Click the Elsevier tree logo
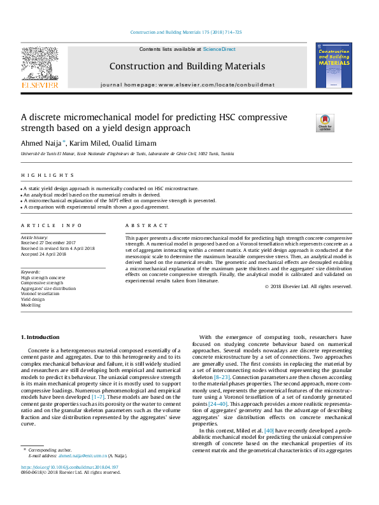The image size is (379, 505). click(39, 66)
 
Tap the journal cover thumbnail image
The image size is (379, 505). click(333, 66)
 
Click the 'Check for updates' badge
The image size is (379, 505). click(325, 122)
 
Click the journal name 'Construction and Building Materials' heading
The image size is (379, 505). click(187, 66)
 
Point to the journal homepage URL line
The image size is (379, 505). click(187, 85)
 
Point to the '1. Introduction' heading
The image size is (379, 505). click(41, 336)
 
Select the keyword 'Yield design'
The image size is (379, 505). click(34, 300)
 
